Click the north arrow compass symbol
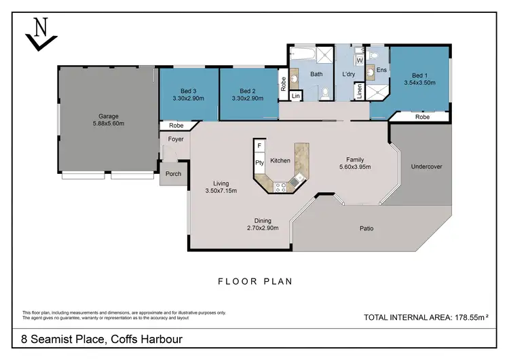[39, 33]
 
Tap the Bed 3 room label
[189, 91]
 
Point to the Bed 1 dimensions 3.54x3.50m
[419, 83]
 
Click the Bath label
[316, 73]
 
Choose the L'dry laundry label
[349, 73]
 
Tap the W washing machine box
[360, 60]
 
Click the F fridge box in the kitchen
[259, 146]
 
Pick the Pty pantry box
[259, 163]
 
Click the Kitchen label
[280, 161]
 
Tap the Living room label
[221, 183]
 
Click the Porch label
[173, 174]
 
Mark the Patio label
[366, 228]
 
